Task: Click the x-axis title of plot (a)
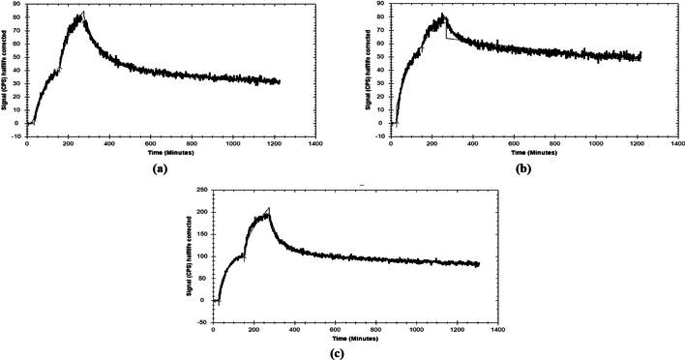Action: point(169,153)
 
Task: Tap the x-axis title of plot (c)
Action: point(354,338)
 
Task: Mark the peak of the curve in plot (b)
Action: point(442,15)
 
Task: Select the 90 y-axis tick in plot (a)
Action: point(18,6)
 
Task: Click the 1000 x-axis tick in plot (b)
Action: point(595,143)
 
